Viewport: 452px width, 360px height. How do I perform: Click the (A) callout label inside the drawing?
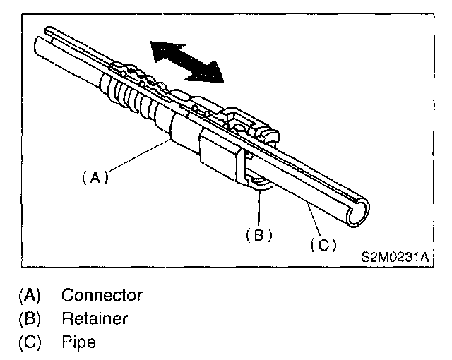[x=93, y=179]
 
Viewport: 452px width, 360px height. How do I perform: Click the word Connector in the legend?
[x=102, y=294]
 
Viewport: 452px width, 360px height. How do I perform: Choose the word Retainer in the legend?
[x=95, y=318]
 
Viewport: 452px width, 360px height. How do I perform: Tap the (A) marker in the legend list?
[x=29, y=294]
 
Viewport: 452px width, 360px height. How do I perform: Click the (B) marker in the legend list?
[x=29, y=318]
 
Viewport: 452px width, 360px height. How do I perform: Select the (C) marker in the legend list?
[x=29, y=342]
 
